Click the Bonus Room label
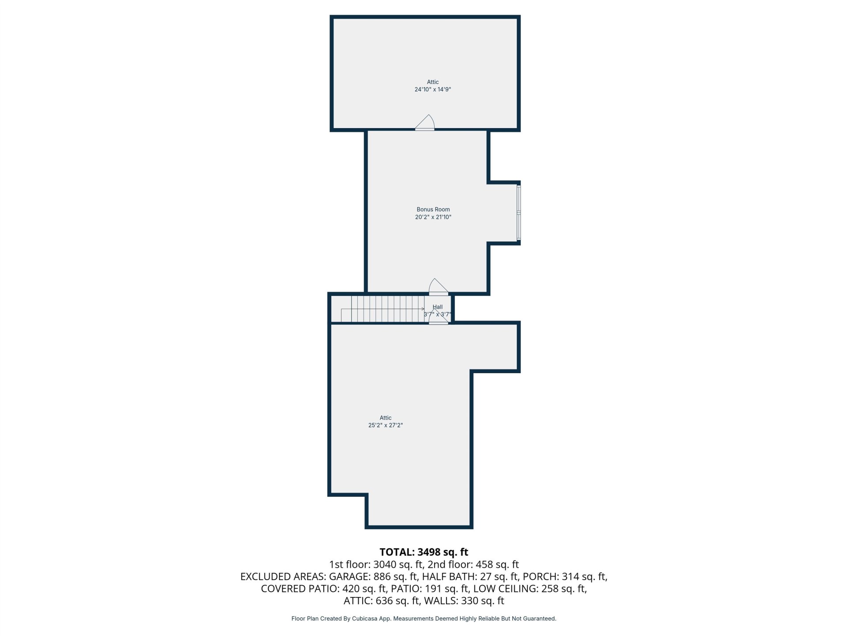click(433, 209)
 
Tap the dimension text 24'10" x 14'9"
click(432, 89)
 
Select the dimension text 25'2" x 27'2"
click(386, 425)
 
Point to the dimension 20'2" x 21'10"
click(433, 217)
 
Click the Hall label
click(438, 307)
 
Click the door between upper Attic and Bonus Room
click(424, 123)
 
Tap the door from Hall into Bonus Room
click(439, 287)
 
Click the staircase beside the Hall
click(382, 309)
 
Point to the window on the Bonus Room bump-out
click(519, 213)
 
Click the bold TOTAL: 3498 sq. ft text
click(424, 552)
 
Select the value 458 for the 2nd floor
click(485, 564)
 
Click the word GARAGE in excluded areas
click(349, 576)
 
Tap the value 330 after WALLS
click(469, 601)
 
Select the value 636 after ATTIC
click(384, 601)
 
